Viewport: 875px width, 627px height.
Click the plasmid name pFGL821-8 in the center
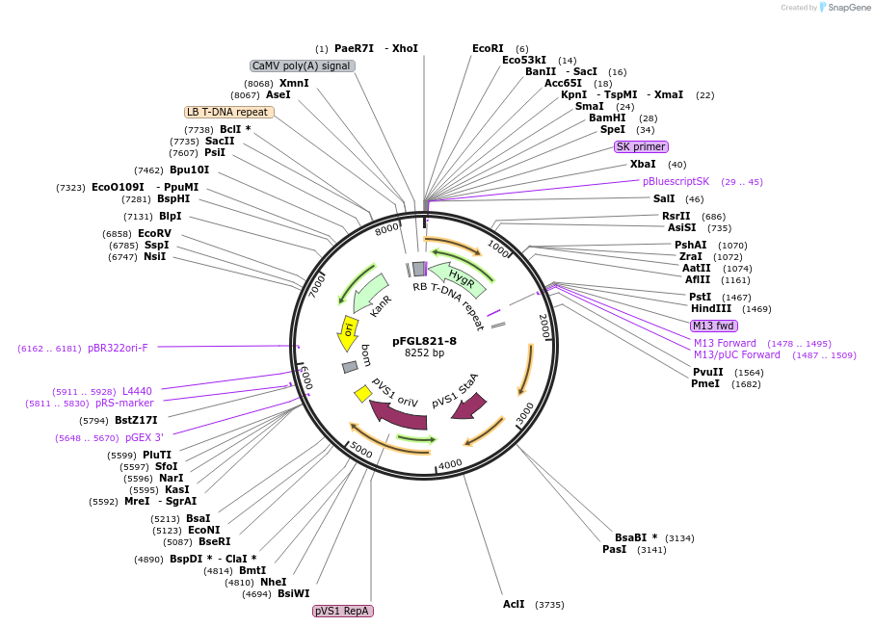click(x=424, y=341)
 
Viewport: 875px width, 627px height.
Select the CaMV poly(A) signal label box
click(x=302, y=65)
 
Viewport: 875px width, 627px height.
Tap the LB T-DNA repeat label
click(x=228, y=112)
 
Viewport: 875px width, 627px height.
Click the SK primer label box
click(x=641, y=146)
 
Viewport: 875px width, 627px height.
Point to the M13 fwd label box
click(x=713, y=326)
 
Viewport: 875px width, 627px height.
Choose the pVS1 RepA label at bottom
click(x=342, y=611)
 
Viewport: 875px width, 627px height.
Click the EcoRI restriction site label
click(x=488, y=48)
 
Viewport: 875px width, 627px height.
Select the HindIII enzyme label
click(x=711, y=308)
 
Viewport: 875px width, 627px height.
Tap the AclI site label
click(x=514, y=604)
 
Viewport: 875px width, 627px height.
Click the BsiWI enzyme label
click(x=294, y=594)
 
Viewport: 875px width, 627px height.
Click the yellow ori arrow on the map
click(x=348, y=332)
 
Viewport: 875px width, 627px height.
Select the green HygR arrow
click(x=456, y=276)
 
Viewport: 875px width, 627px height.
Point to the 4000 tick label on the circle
click(x=450, y=464)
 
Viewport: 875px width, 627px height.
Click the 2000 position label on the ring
click(x=543, y=325)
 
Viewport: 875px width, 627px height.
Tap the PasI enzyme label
click(x=614, y=549)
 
